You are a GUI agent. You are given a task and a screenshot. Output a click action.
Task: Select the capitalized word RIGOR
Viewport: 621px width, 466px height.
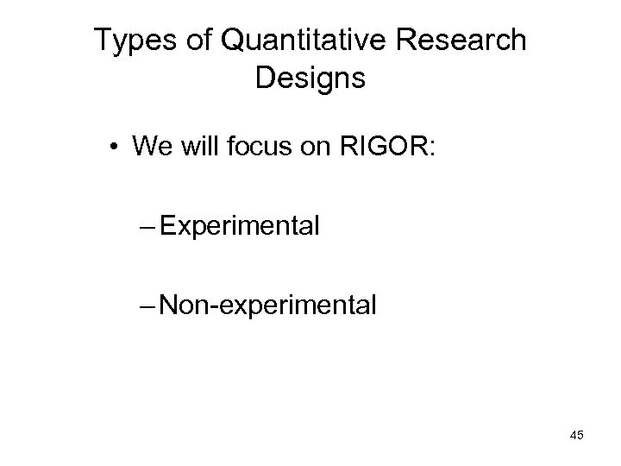(x=371, y=147)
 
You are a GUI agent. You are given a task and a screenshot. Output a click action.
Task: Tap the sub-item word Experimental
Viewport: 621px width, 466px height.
(x=241, y=228)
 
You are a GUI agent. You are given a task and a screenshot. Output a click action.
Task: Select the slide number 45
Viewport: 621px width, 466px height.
(x=576, y=436)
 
